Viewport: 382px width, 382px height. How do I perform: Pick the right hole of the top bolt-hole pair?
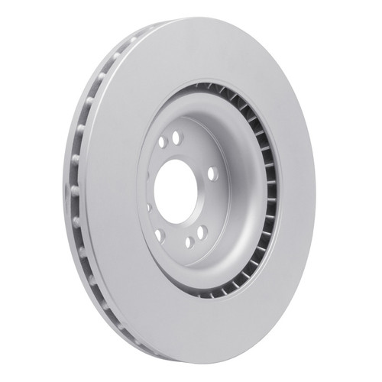(178, 138)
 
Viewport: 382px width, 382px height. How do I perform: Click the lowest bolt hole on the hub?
(189, 242)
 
